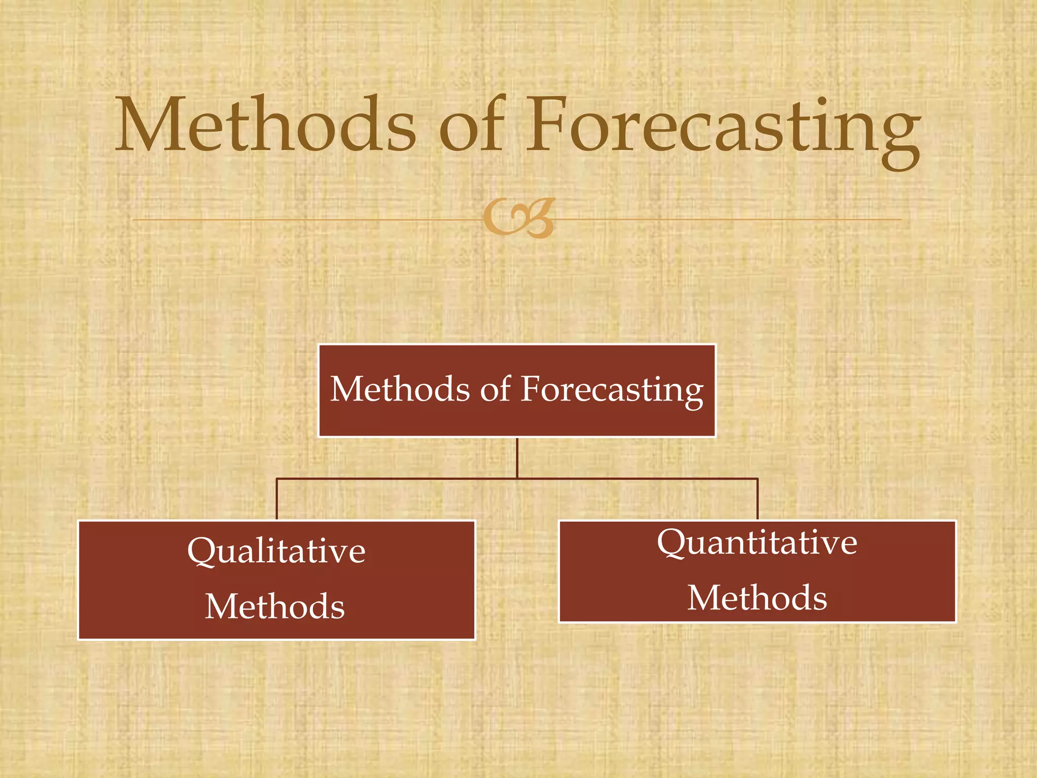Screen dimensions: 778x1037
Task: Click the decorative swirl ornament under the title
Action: [x=519, y=218]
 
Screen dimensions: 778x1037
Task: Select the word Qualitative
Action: [x=276, y=551]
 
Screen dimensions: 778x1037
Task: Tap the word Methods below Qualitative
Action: [x=275, y=606]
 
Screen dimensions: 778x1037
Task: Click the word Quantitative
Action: [x=757, y=543]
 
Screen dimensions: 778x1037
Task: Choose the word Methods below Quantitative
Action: [x=757, y=598]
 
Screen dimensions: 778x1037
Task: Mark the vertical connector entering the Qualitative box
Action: [x=276, y=499]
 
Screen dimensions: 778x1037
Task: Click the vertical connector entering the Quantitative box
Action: [x=757, y=499]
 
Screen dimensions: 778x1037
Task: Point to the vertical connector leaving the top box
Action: [x=517, y=457]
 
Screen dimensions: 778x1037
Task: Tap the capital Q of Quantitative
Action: [x=672, y=543]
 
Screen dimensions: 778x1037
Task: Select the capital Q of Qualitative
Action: [x=202, y=552]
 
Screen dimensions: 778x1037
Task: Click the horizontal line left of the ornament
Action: [x=304, y=220]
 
